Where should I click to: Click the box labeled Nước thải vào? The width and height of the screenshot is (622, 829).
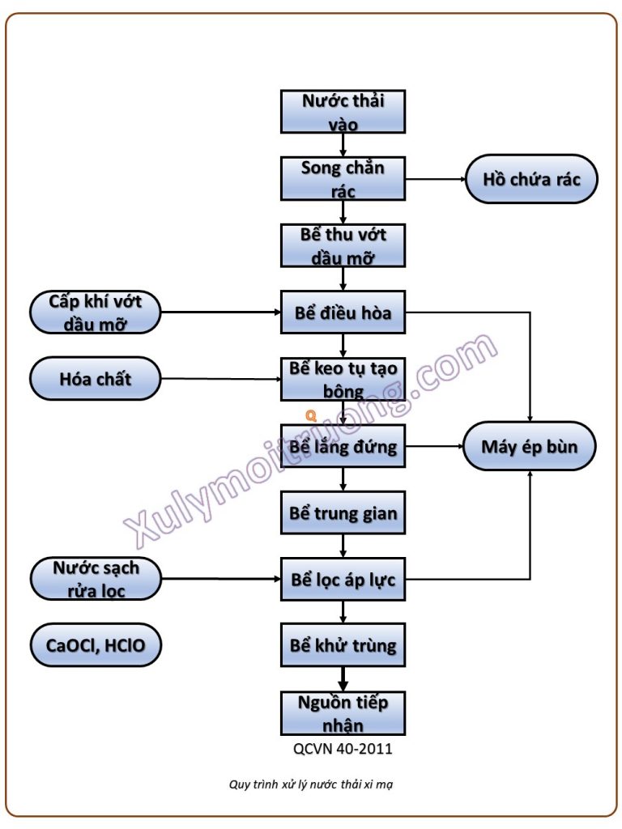[x=343, y=112]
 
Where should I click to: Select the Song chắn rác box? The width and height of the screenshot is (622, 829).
[x=343, y=179]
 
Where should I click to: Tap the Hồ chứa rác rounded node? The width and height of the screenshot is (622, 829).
[x=531, y=179]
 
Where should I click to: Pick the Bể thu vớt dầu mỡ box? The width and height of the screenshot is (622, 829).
[x=343, y=245]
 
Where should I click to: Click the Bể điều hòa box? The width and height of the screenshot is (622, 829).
[x=343, y=312]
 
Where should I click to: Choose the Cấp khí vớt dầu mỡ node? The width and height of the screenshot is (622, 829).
[x=95, y=312]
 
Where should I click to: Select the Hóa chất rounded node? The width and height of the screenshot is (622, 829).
[x=95, y=378]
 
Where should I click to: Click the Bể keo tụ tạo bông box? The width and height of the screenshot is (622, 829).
[x=343, y=379]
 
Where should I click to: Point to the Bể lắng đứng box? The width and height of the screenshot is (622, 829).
[x=343, y=446]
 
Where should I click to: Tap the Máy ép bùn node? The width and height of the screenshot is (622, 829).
[x=530, y=446]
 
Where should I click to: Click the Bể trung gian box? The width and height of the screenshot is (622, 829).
[x=343, y=512]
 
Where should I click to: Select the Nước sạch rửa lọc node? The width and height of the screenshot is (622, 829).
[x=95, y=579]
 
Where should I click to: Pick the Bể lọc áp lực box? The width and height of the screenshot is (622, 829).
[x=343, y=579]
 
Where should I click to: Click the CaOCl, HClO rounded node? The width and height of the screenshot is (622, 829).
[x=95, y=645]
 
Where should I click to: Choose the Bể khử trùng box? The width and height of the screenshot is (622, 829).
[x=343, y=645]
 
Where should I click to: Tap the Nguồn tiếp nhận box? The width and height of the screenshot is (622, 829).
[x=343, y=712]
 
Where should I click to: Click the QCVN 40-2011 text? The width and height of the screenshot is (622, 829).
[x=343, y=749]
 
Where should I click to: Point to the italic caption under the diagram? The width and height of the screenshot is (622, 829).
[x=311, y=784]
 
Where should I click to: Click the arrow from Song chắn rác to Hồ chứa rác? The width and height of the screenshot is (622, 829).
[x=434, y=179]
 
